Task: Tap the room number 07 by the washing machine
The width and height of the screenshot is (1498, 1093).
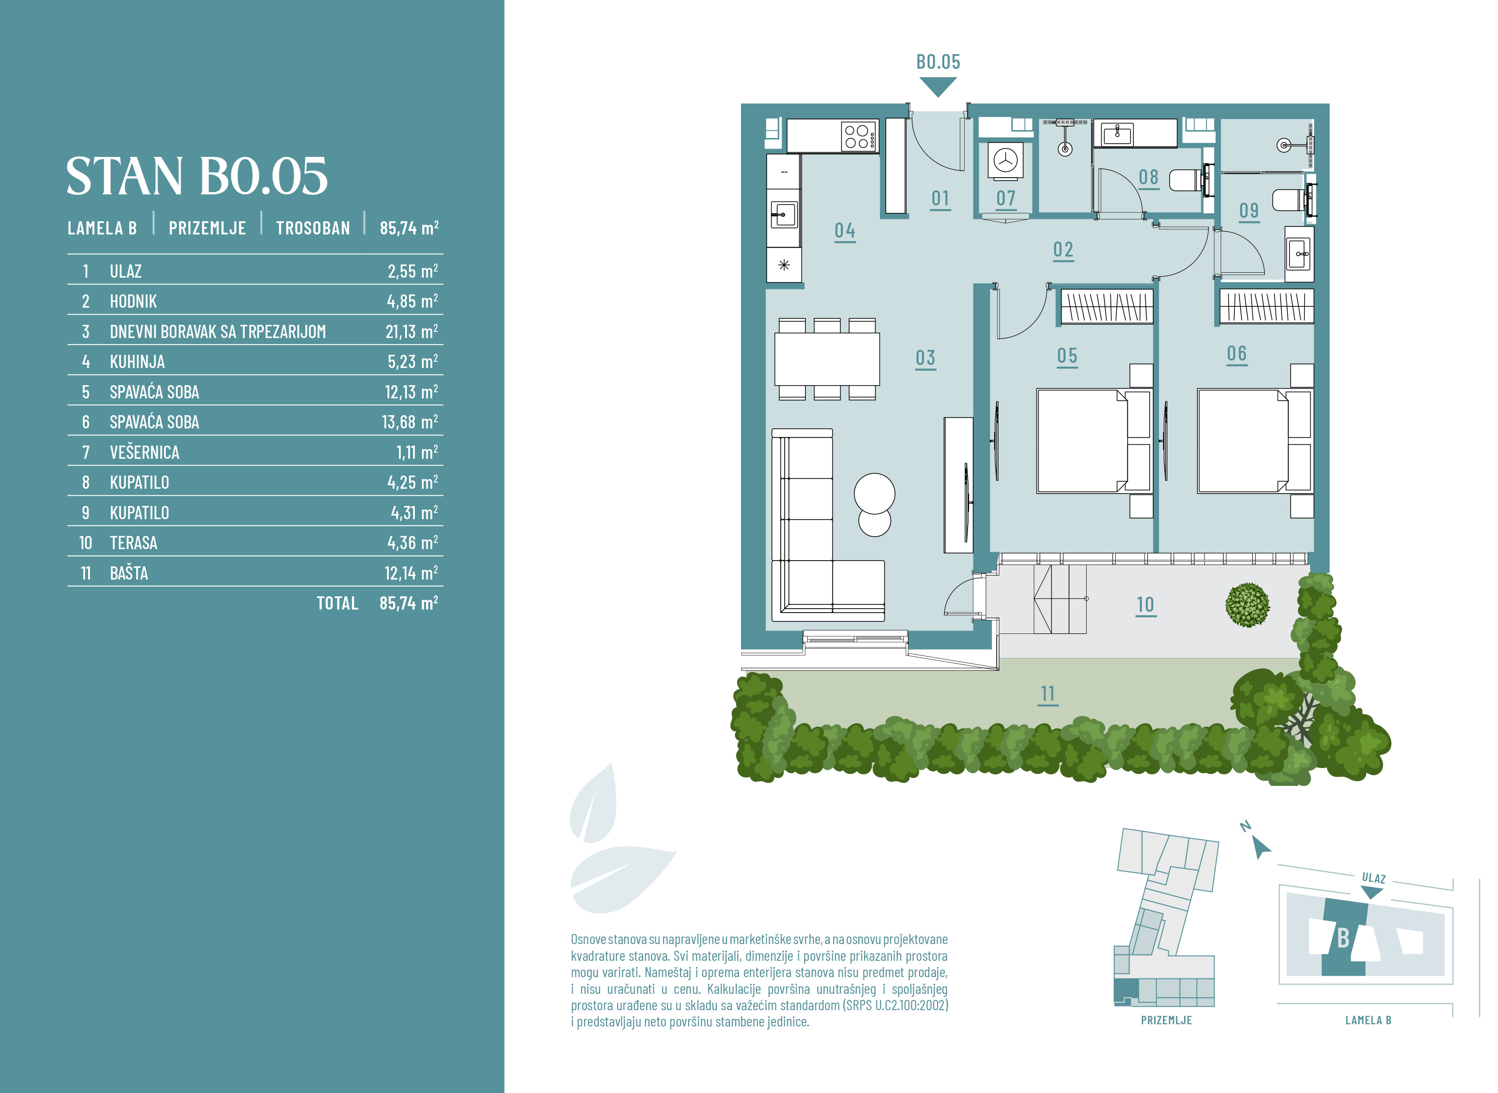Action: [1006, 198]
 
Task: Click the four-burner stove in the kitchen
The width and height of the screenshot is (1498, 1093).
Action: [859, 136]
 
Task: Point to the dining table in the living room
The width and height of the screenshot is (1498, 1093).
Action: [827, 359]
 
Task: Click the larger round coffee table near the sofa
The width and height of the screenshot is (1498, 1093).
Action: [874, 493]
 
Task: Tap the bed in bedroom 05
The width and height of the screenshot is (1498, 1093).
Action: [1093, 441]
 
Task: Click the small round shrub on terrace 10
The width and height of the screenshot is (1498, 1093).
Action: [1247, 605]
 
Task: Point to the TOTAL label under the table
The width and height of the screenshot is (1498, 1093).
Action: [337, 603]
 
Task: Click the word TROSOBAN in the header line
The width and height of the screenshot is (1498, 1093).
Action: [313, 228]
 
